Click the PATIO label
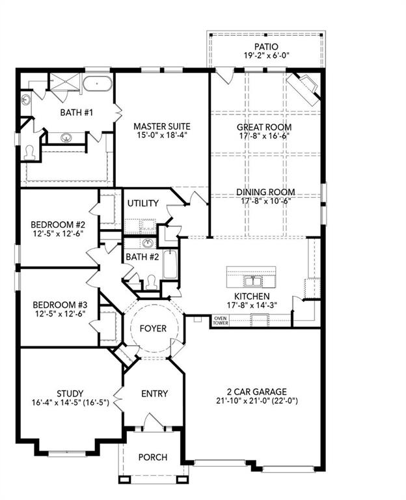267,46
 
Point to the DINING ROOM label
265,192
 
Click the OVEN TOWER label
220,320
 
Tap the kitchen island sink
252,281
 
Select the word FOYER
154,329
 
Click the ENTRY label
154,393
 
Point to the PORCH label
152,457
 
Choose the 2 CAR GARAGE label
252,391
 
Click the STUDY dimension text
69,404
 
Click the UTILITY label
142,203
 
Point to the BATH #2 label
142,258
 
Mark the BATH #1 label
77,112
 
